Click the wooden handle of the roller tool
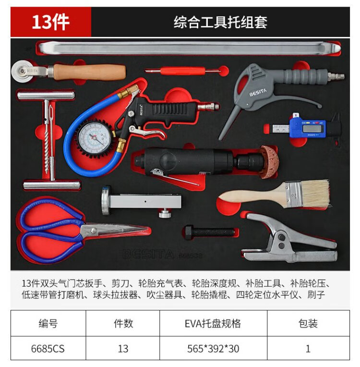(90, 73)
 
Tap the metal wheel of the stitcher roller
(22, 72)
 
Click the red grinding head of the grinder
(269, 162)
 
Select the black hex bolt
(209, 232)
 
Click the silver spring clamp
(289, 239)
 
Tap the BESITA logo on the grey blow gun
(258, 93)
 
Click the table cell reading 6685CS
(48, 349)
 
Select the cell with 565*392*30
(213, 349)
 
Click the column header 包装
(308, 324)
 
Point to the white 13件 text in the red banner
(50, 23)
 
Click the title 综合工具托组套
(220, 23)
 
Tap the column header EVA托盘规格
(213, 324)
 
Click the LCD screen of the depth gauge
(312, 128)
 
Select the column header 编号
(48, 324)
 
